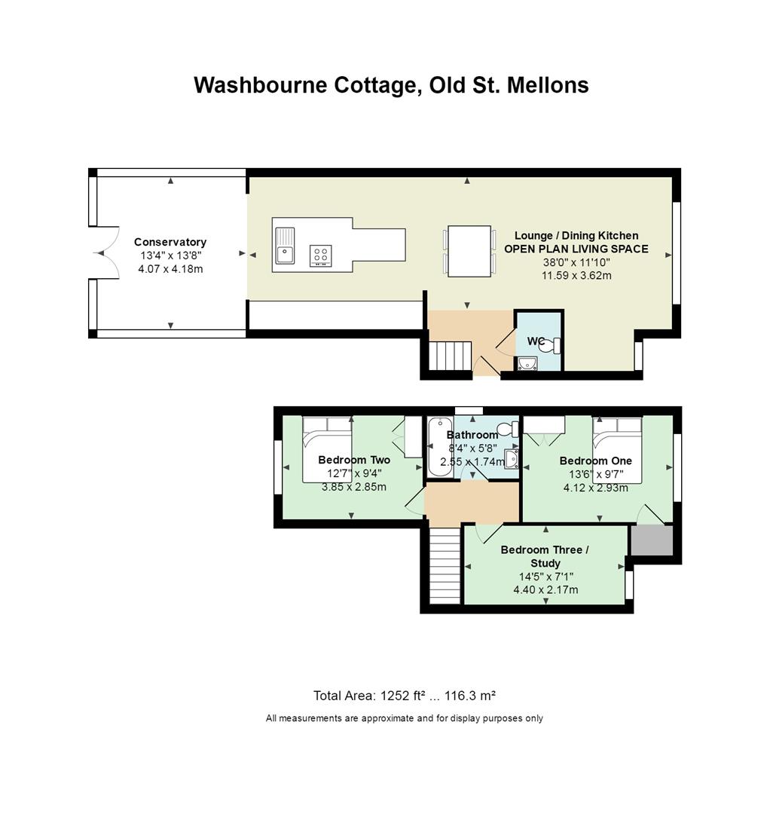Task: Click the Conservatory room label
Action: (170, 242)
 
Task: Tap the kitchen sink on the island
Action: (285, 246)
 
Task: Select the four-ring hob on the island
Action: (321, 256)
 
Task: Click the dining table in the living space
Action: (469, 251)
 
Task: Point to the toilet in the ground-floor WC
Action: (550, 345)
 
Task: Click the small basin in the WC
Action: (527, 363)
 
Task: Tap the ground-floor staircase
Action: (450, 356)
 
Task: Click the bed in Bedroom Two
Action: (328, 449)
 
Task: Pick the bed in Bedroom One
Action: (618, 449)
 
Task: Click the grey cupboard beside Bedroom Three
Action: (652, 540)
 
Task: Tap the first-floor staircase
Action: (445, 566)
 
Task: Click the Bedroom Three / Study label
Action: (545, 556)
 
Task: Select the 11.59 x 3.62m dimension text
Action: (576, 276)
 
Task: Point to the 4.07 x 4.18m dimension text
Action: (170, 269)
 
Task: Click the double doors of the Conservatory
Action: (107, 253)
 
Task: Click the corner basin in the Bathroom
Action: (512, 459)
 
